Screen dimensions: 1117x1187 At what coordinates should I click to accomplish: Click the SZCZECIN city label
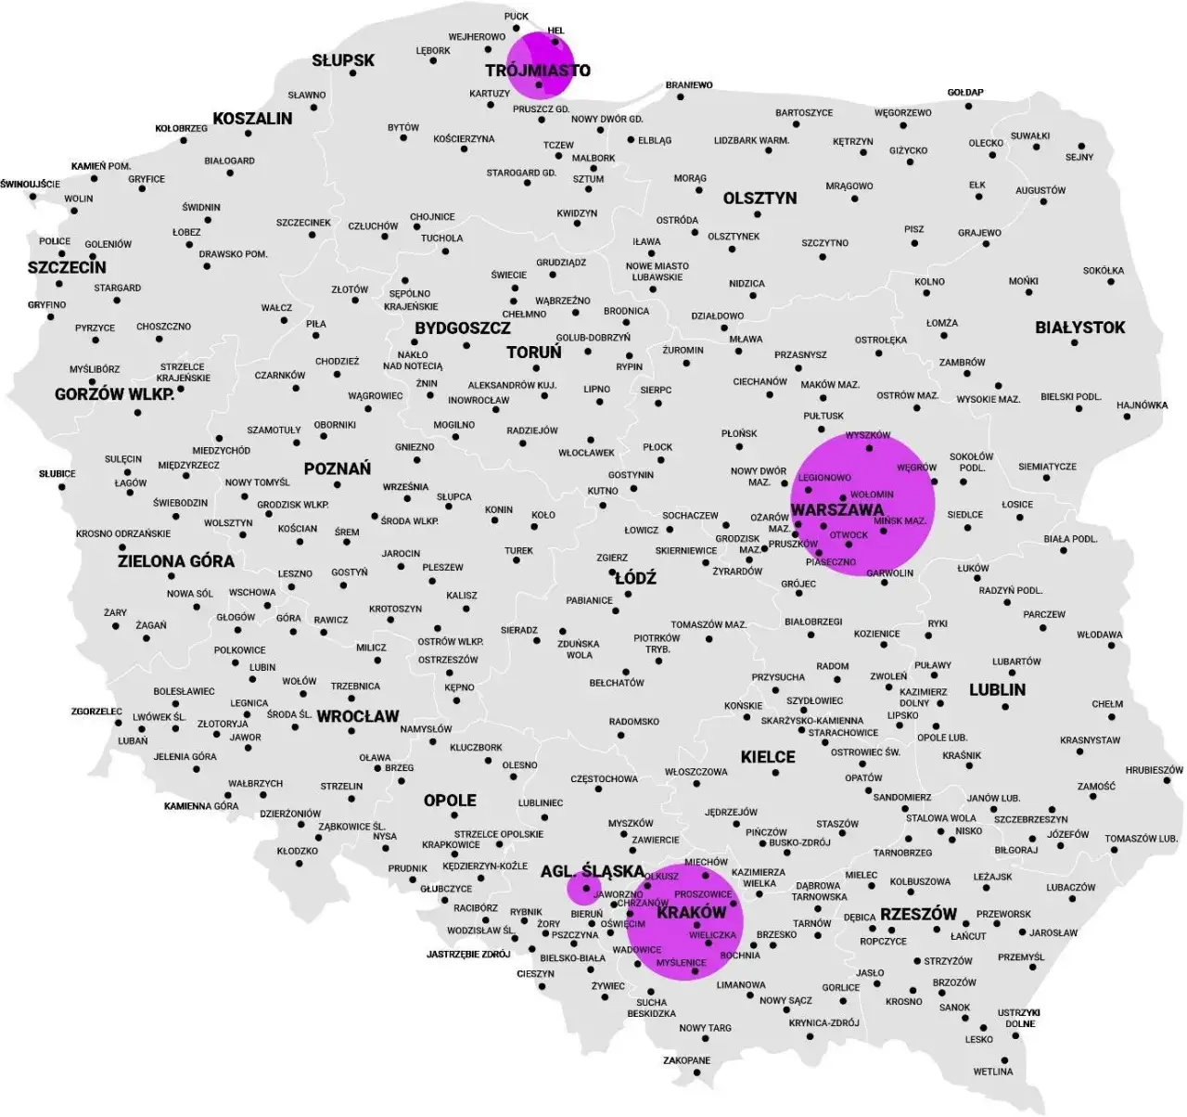pos(67,267)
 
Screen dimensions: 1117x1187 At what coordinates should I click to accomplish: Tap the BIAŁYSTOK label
pos(1079,327)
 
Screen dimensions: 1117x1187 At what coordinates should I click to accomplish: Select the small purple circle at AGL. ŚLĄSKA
pos(582,889)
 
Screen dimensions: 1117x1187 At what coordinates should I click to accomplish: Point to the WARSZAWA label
pos(837,510)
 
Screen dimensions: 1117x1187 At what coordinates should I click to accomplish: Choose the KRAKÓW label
pos(691,913)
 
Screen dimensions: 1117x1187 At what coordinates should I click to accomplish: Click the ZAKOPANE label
pos(686,1060)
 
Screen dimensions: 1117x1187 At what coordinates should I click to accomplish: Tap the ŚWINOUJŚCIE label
pos(31,184)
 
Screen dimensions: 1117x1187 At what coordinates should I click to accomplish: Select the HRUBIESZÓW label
pos(1154,770)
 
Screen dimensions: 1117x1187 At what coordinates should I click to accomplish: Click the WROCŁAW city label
pos(357,716)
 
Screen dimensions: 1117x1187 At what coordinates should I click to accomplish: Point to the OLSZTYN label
pos(759,199)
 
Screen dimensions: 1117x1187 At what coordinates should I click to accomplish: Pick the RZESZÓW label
pos(917,914)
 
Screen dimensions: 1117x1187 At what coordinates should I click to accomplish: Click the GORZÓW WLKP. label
pos(114,394)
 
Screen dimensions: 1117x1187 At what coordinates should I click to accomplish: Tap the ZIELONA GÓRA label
pos(175,561)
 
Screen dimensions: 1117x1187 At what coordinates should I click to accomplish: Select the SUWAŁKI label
pos(1029,136)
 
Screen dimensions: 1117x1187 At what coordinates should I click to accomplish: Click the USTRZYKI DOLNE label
pos(1018,1018)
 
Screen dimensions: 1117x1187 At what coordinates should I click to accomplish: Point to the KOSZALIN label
pos(252,119)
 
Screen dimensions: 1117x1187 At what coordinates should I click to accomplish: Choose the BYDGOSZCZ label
pos(462,328)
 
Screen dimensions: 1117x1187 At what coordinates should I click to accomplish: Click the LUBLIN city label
pos(997,689)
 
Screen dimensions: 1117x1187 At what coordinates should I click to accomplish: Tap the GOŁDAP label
pos(965,93)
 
